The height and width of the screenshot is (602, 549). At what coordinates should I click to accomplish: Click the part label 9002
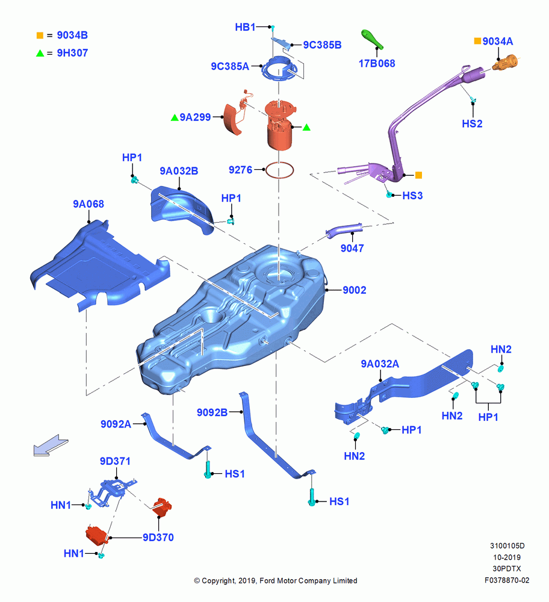(x=355, y=290)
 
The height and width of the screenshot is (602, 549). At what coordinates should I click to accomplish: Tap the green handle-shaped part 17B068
(x=372, y=40)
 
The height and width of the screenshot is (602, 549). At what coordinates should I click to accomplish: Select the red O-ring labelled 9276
(x=279, y=170)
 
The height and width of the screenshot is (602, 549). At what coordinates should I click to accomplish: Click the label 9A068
(x=88, y=204)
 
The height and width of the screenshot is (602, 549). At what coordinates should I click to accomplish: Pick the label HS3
(x=412, y=196)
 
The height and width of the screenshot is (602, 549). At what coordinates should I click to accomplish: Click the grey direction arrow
(x=51, y=445)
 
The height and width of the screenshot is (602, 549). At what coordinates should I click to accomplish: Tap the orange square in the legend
(x=40, y=36)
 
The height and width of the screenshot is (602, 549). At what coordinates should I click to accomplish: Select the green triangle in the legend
(x=40, y=53)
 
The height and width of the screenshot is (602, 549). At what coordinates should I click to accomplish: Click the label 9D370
(x=158, y=538)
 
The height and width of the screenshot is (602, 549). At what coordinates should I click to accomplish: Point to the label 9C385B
(x=322, y=45)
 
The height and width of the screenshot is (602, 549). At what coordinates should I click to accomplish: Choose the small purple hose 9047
(x=344, y=231)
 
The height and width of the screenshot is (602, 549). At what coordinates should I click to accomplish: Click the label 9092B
(x=212, y=412)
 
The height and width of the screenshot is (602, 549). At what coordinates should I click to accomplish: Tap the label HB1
(x=245, y=27)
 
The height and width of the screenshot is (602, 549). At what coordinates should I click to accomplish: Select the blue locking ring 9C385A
(x=279, y=69)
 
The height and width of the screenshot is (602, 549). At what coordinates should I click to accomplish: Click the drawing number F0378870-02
(x=507, y=580)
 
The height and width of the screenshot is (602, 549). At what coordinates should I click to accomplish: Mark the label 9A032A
(x=380, y=364)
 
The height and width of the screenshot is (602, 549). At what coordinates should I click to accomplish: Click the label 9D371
(x=115, y=461)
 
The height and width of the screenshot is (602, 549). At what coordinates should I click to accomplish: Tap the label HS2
(x=472, y=123)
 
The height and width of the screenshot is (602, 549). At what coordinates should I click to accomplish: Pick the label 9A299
(x=195, y=117)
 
